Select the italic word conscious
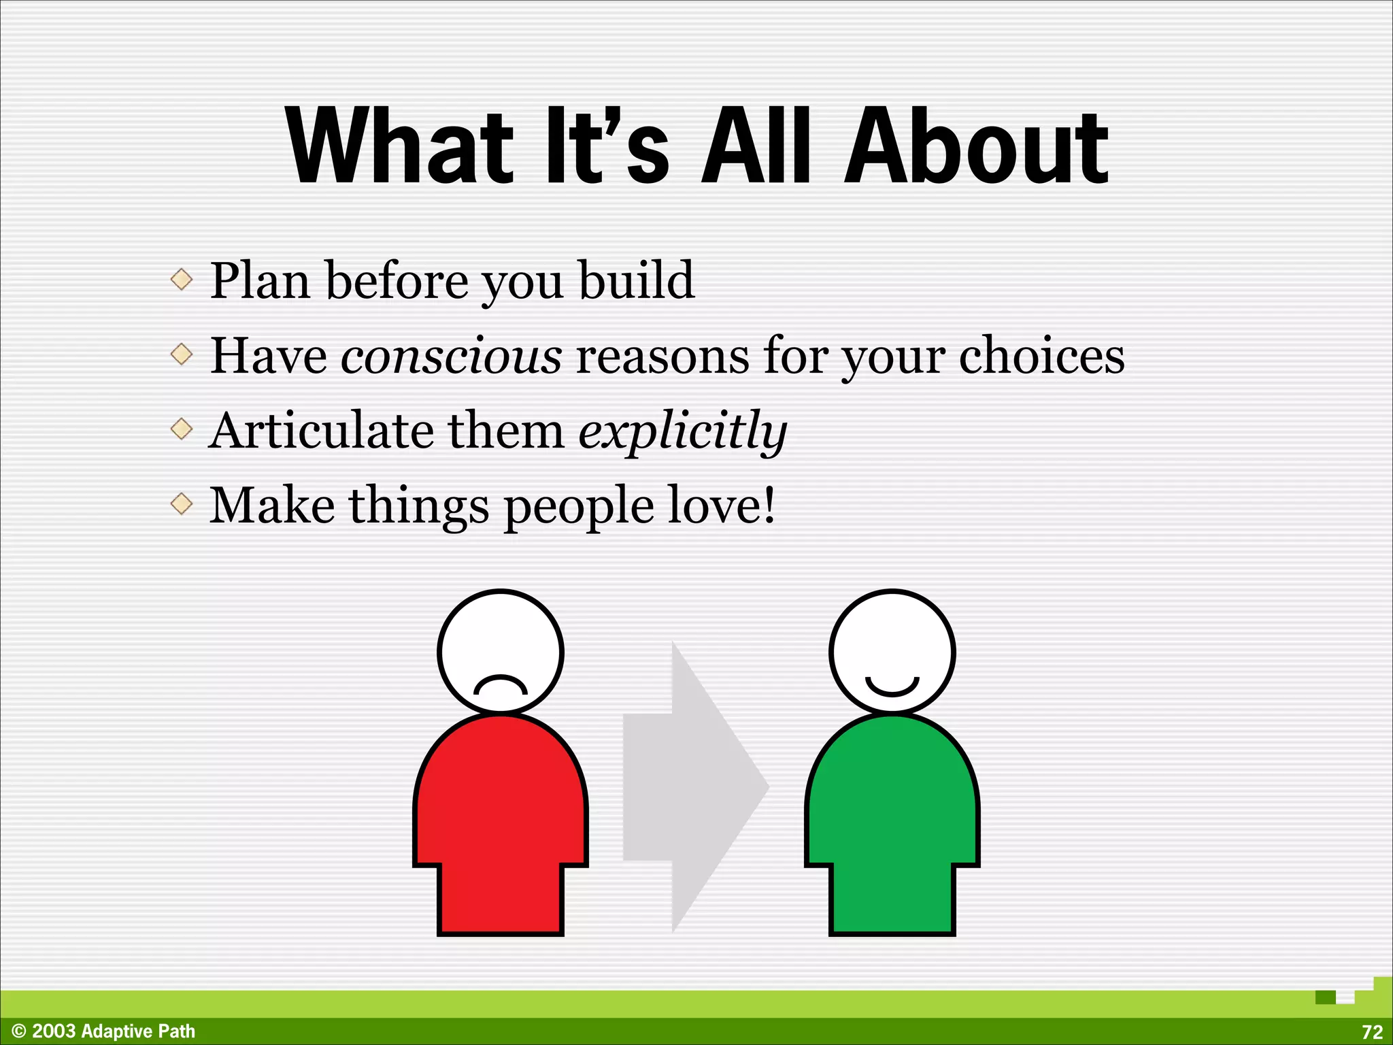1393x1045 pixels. (x=451, y=356)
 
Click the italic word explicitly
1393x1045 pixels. (x=682, y=431)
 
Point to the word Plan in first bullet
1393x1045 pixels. (x=260, y=280)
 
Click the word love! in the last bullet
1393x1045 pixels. (x=721, y=505)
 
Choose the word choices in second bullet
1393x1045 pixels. (x=1041, y=356)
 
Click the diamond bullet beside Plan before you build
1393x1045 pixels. (x=182, y=279)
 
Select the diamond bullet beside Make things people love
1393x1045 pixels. (x=182, y=504)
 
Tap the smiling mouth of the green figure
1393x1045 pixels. (x=892, y=687)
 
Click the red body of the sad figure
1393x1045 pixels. (x=500, y=816)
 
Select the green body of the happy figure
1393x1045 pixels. (x=892, y=816)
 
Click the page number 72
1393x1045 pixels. (x=1372, y=1032)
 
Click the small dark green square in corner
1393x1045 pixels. (x=1325, y=997)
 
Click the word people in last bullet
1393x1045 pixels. (x=578, y=507)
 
